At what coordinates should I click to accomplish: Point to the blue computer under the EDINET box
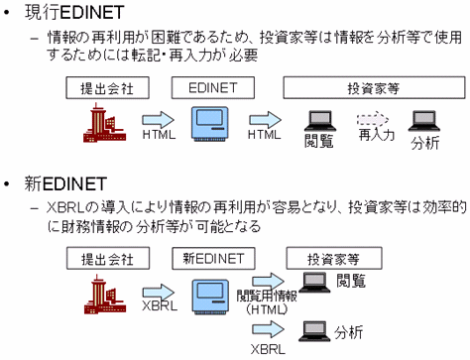click(212, 125)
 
